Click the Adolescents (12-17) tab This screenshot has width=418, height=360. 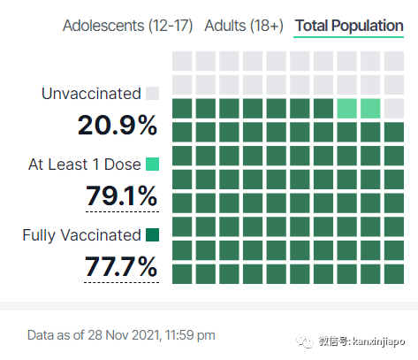pyautogui.click(x=127, y=26)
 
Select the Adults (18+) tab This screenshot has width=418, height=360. pyautogui.click(x=244, y=26)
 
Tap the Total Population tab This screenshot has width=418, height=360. pyautogui.click(x=349, y=26)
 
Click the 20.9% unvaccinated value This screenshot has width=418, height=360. pyautogui.click(x=118, y=126)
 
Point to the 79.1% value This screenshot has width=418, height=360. pyautogui.click(x=121, y=195)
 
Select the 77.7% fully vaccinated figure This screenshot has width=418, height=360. pyautogui.click(x=121, y=266)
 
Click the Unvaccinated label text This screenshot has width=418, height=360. pyautogui.click(x=91, y=94)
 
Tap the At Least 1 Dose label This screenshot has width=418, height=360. pyautogui.click(x=85, y=165)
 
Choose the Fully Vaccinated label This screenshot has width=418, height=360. pyautogui.click(x=81, y=235)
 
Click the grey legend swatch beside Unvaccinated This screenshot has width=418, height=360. pyautogui.click(x=153, y=94)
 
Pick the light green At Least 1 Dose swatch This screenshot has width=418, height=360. pyautogui.click(x=153, y=165)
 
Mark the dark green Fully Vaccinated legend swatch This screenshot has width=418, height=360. pyautogui.click(x=153, y=235)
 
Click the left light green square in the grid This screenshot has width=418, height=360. pyautogui.click(x=347, y=109)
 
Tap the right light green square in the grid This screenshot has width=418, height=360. pyautogui.click(x=370, y=109)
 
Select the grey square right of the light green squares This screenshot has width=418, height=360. pyautogui.click(x=394, y=109)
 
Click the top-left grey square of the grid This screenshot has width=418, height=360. pyautogui.click(x=182, y=61)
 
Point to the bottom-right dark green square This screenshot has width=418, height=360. pyautogui.click(x=394, y=274)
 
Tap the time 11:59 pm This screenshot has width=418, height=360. pyautogui.click(x=190, y=335)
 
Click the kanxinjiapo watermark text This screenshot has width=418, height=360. pyautogui.click(x=379, y=341)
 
